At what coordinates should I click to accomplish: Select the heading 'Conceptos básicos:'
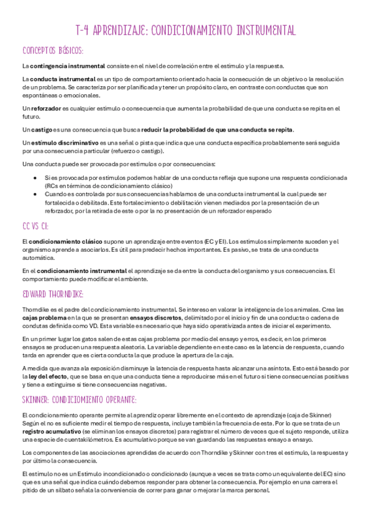pyautogui.click(x=53, y=50)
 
